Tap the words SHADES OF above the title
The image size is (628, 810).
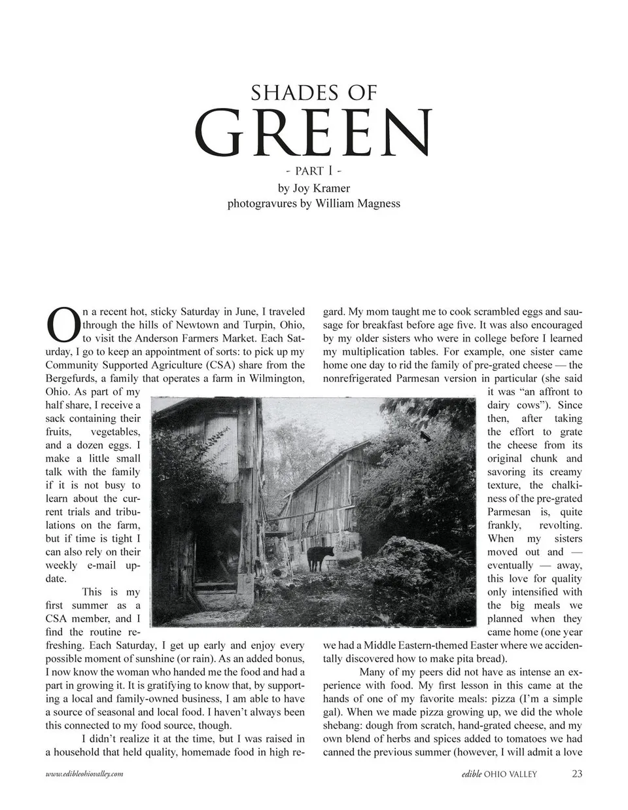click(x=314, y=93)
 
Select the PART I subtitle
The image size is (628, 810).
click(x=314, y=171)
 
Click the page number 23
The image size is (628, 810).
click(x=576, y=774)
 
